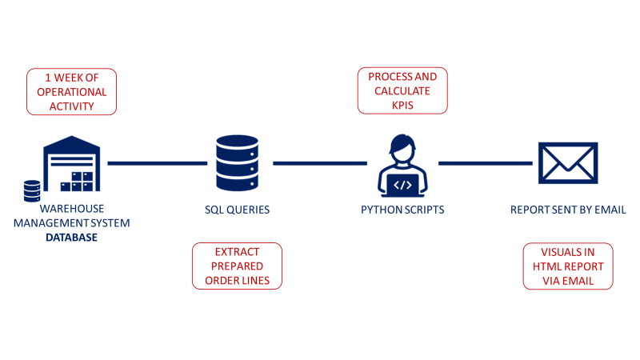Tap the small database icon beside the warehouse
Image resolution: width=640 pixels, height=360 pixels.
pyautogui.click(x=32, y=190)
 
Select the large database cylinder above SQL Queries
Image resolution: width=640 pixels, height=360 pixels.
pyautogui.click(x=237, y=163)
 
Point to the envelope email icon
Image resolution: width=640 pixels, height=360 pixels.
pyautogui.click(x=568, y=163)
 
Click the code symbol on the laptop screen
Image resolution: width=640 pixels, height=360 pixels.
pyautogui.click(x=403, y=185)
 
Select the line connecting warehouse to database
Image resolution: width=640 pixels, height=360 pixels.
pyautogui.click(x=157, y=163)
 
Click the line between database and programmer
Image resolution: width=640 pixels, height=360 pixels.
pyautogui.click(x=320, y=163)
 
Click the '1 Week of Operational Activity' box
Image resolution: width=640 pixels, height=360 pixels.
pyautogui.click(x=72, y=91)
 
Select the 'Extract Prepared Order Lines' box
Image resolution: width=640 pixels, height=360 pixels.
pyautogui.click(x=237, y=266)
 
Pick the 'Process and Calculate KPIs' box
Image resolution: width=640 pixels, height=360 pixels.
pyautogui.click(x=402, y=90)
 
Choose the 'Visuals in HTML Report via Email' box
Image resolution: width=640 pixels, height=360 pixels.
pyautogui.click(x=568, y=266)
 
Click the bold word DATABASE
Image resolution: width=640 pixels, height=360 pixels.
pyautogui.click(x=71, y=238)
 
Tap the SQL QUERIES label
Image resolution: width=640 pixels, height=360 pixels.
pyautogui.click(x=237, y=210)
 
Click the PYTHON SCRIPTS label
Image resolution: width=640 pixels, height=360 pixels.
pyautogui.click(x=403, y=210)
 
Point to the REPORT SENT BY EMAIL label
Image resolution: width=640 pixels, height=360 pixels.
pyautogui.click(x=568, y=210)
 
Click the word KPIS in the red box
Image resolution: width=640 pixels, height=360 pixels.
pyautogui.click(x=402, y=105)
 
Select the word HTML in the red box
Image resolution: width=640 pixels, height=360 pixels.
pyautogui.click(x=549, y=266)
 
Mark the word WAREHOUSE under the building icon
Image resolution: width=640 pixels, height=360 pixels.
pyautogui.click(x=71, y=209)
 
